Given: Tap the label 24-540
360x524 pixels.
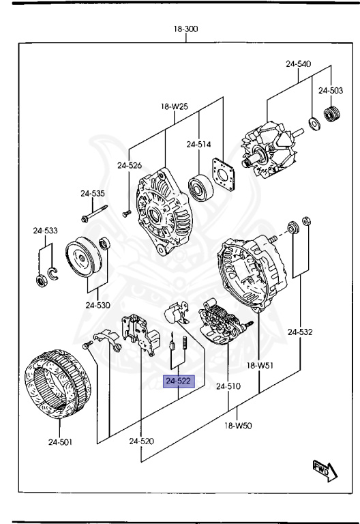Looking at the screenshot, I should (298, 64).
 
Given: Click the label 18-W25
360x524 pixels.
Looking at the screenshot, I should (175, 107).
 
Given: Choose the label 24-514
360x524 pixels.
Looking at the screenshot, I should (199, 145).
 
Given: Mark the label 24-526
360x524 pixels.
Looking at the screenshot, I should (129, 165).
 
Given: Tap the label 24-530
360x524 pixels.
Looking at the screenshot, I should (98, 305).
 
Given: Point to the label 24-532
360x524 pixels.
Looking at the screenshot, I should (299, 332).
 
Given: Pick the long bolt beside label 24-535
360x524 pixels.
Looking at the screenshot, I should (95, 212).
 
